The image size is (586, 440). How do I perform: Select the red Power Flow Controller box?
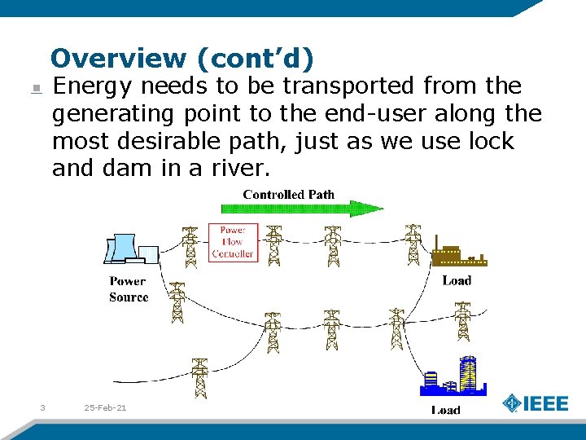232,242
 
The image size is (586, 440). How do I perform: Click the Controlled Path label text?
288,195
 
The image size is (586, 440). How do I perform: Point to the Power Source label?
129,290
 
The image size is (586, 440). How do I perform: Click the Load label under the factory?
457,281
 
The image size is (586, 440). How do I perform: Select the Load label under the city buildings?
445,410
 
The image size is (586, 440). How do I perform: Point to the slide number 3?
42,407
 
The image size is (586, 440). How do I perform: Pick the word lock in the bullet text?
492,141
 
